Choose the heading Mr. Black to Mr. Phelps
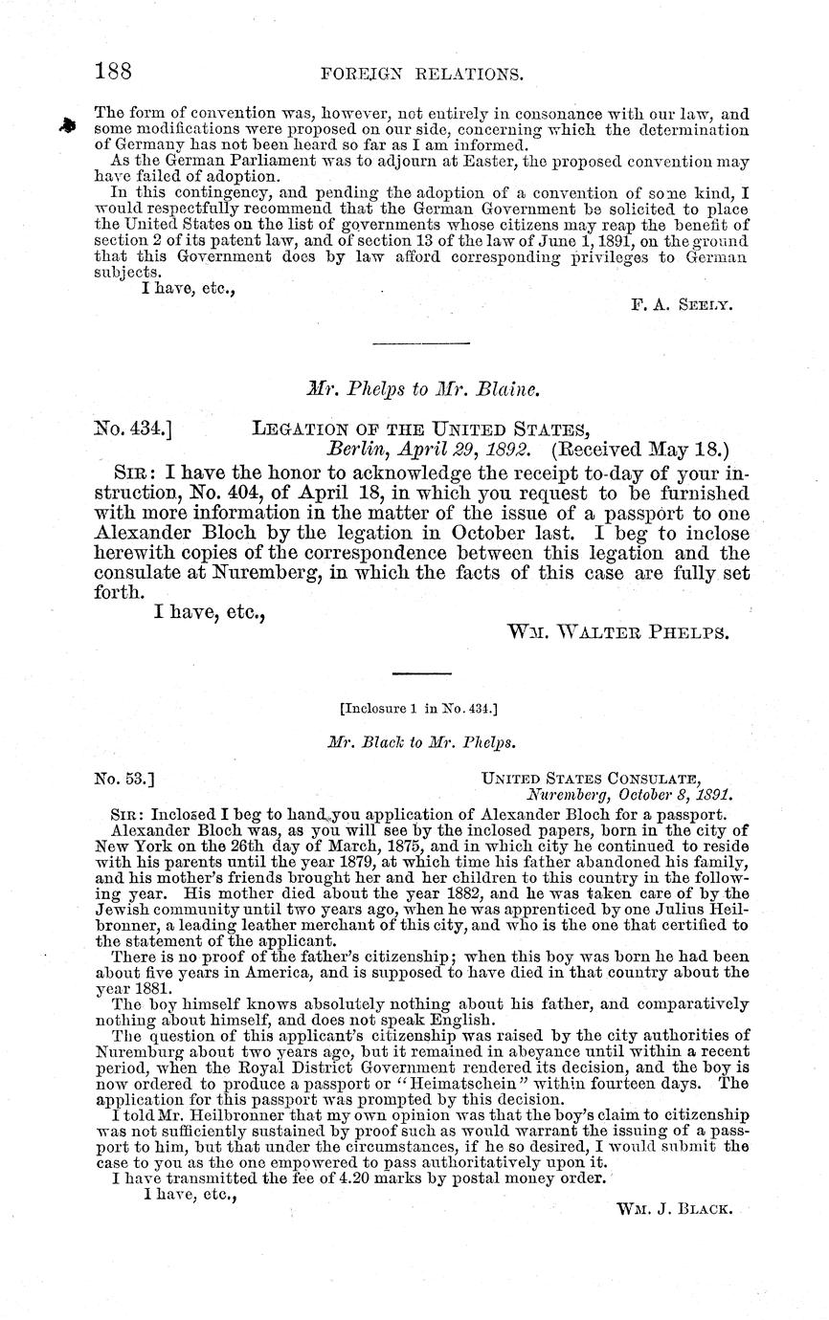pos(416,740)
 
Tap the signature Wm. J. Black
pos(675,1208)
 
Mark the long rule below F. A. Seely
pos(419,343)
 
